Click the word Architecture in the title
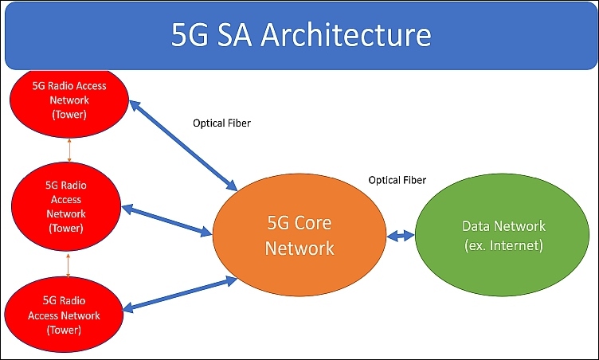coord(346,34)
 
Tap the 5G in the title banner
coord(190,34)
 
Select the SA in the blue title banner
coord(234,34)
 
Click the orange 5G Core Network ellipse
coord(299,235)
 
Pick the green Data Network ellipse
coord(502,235)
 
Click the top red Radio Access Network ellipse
coord(69,103)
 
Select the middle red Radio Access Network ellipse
coord(66,206)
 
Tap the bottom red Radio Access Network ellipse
coord(64,314)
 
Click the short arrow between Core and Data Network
coord(401,236)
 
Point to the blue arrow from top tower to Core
coord(183,146)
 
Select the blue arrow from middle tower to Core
coord(166,221)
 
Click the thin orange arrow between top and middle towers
coord(69,151)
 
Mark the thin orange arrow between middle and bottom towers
coord(68,264)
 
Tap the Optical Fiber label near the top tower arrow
coord(221,123)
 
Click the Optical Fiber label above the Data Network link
coord(397,180)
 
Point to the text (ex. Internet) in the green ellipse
coord(503,245)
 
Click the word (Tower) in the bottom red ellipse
coord(64,330)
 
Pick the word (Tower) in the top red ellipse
coord(69,114)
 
